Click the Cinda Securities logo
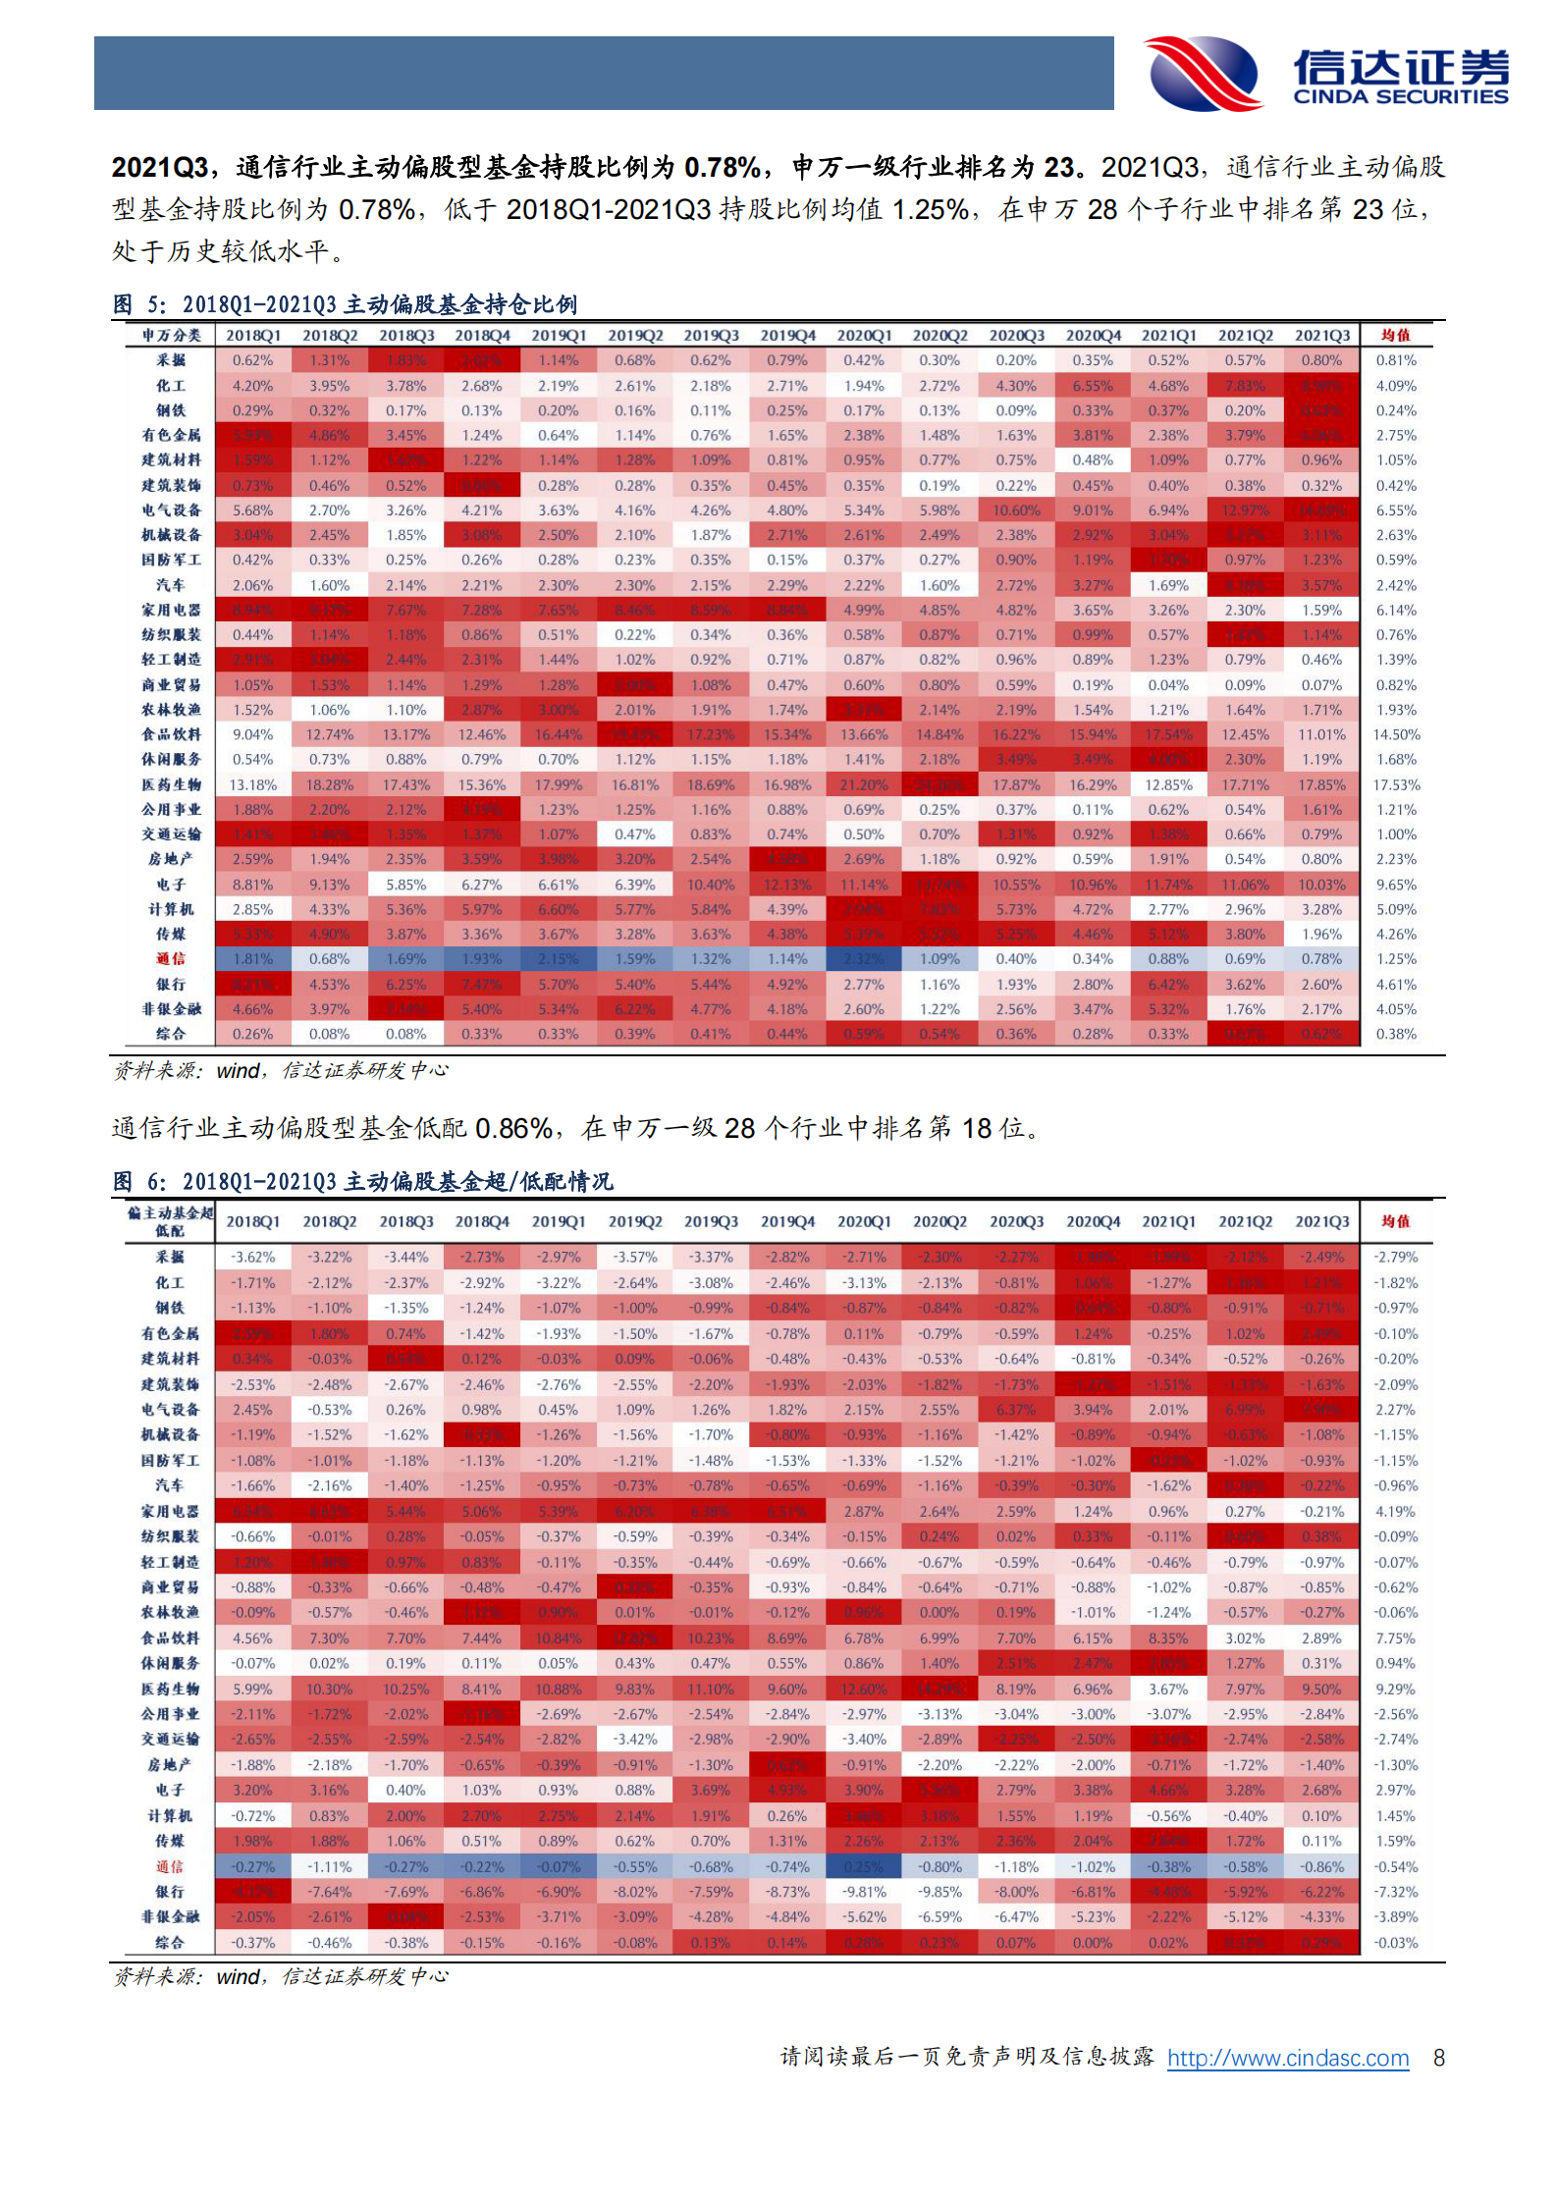[x=1325, y=74]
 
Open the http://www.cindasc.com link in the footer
[x=1287, y=2058]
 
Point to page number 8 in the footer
[x=1438, y=2058]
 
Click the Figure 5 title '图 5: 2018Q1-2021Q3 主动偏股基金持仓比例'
[x=345, y=304]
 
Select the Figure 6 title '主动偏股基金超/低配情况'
[x=478, y=1181]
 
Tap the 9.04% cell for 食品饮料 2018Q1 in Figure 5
[x=252, y=734]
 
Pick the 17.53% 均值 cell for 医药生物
[x=1395, y=784]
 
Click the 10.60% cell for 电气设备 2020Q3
[x=1015, y=510]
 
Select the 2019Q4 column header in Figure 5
[x=787, y=336]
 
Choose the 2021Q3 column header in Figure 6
[x=1321, y=1221]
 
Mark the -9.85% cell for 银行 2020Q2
[x=940, y=1892]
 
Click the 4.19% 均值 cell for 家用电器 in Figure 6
[x=1395, y=1512]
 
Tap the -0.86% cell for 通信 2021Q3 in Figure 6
[x=1321, y=1866]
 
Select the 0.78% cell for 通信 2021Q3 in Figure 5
[x=1321, y=959]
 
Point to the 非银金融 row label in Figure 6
[x=170, y=1916]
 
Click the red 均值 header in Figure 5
[x=1395, y=336]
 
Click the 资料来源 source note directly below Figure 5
[x=281, y=1070]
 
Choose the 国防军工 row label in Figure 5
[x=171, y=560]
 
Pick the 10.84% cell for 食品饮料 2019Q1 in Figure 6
[x=558, y=1639]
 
